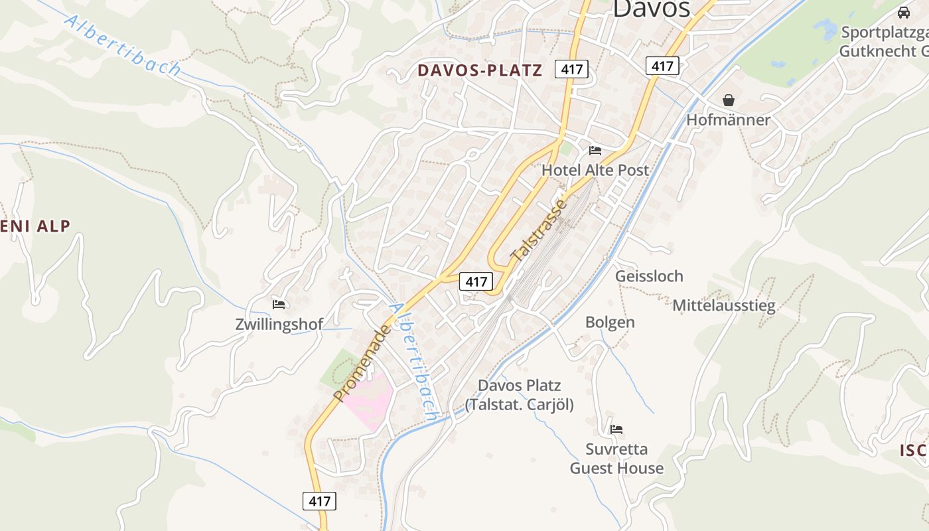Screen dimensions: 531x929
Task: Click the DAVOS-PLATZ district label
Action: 479,70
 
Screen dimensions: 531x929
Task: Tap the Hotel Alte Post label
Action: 595,170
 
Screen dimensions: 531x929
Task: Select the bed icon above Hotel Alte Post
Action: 595,151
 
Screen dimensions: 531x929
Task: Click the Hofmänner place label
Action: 728,120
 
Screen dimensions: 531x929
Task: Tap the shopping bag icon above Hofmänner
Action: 729,100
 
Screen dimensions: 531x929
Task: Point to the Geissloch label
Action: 649,276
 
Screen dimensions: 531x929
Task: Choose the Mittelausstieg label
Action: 724,306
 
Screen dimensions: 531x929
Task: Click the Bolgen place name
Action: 610,323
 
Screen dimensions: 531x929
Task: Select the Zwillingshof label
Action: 279,325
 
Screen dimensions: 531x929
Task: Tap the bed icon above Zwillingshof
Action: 279,305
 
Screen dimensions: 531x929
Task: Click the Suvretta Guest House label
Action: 616,459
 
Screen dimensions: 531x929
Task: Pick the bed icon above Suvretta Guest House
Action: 616,429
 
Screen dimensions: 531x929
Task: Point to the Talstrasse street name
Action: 539,230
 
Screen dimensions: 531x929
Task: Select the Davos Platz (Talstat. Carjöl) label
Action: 519,395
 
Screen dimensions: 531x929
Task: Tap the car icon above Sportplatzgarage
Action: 903,12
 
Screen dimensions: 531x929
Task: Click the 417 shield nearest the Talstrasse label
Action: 476,281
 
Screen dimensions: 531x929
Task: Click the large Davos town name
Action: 651,9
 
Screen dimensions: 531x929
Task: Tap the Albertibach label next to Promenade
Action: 414,362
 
